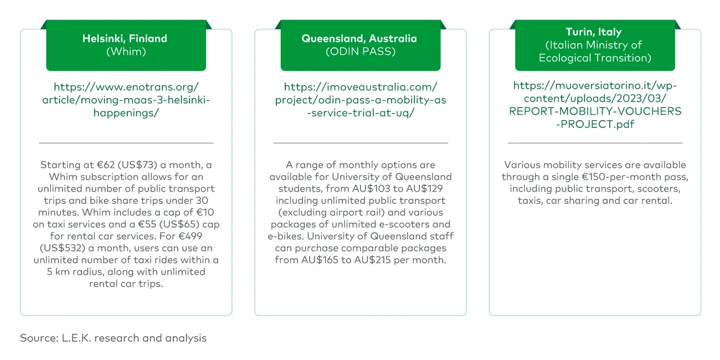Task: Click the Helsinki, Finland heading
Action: point(125,39)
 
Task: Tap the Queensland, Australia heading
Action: point(359,39)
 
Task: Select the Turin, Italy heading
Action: point(594,32)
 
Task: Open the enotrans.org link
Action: point(126,100)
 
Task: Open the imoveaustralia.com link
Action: point(360,100)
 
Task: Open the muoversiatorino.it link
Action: point(595,105)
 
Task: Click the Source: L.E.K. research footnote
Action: point(113,338)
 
